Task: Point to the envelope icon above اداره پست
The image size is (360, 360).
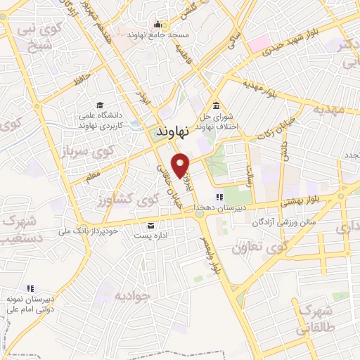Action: click(x=151, y=225)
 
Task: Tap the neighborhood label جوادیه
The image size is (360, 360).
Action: click(x=132, y=295)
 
